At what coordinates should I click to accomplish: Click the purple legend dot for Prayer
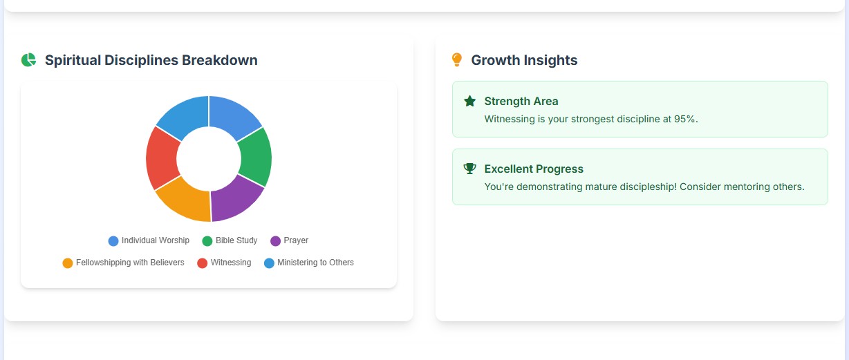[x=276, y=241]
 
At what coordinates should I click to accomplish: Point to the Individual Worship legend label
[x=155, y=240]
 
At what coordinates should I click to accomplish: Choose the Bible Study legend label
[x=236, y=240]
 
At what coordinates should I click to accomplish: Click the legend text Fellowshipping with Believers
[x=130, y=263]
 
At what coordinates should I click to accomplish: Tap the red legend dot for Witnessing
[x=203, y=263]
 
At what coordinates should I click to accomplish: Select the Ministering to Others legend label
[x=315, y=263]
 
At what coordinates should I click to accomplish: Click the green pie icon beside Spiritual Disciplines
[x=28, y=60]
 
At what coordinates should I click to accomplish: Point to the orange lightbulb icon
[x=456, y=60]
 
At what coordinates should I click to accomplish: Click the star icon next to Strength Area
[x=470, y=102]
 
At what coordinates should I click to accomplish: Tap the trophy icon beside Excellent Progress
[x=470, y=169]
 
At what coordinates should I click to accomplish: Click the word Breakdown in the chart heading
[x=219, y=60]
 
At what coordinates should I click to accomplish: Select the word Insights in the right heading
[x=551, y=60]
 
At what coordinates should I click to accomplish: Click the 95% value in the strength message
[x=684, y=119]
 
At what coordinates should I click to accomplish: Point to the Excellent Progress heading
[x=534, y=169]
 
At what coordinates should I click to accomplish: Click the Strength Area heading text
[x=521, y=101]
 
